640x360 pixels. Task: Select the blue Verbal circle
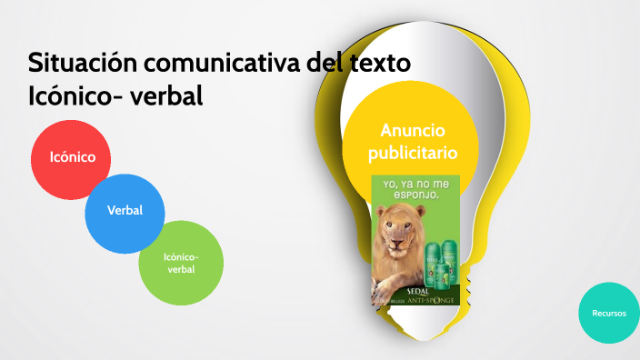(124, 211)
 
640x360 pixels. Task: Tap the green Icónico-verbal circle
(180, 264)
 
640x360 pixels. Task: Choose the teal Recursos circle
(608, 313)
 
